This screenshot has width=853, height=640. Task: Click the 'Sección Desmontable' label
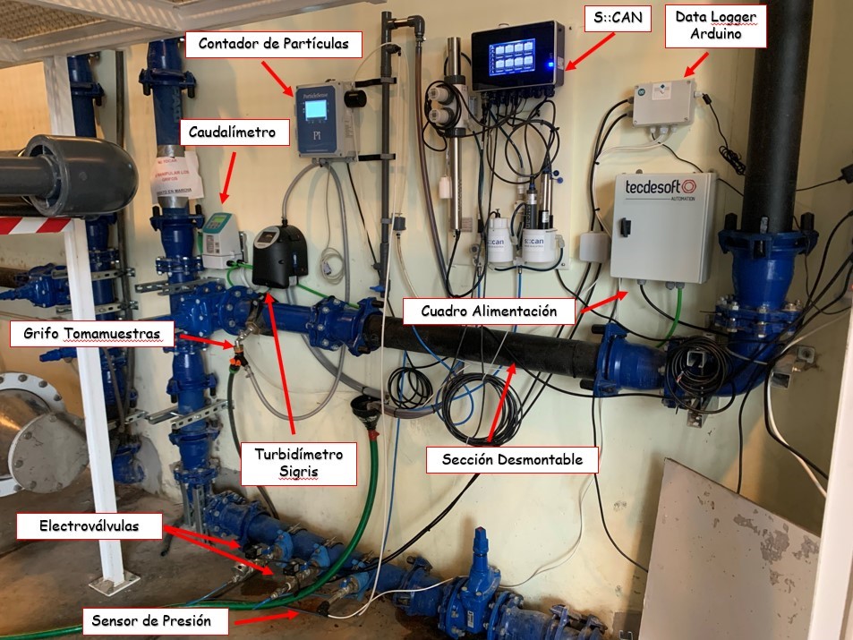pyautogui.click(x=512, y=459)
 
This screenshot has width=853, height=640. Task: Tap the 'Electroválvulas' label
pyautogui.click(x=89, y=525)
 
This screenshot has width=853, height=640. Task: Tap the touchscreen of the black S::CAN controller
pyautogui.click(x=512, y=56)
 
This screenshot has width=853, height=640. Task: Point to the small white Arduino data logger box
pyautogui.click(x=664, y=103)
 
